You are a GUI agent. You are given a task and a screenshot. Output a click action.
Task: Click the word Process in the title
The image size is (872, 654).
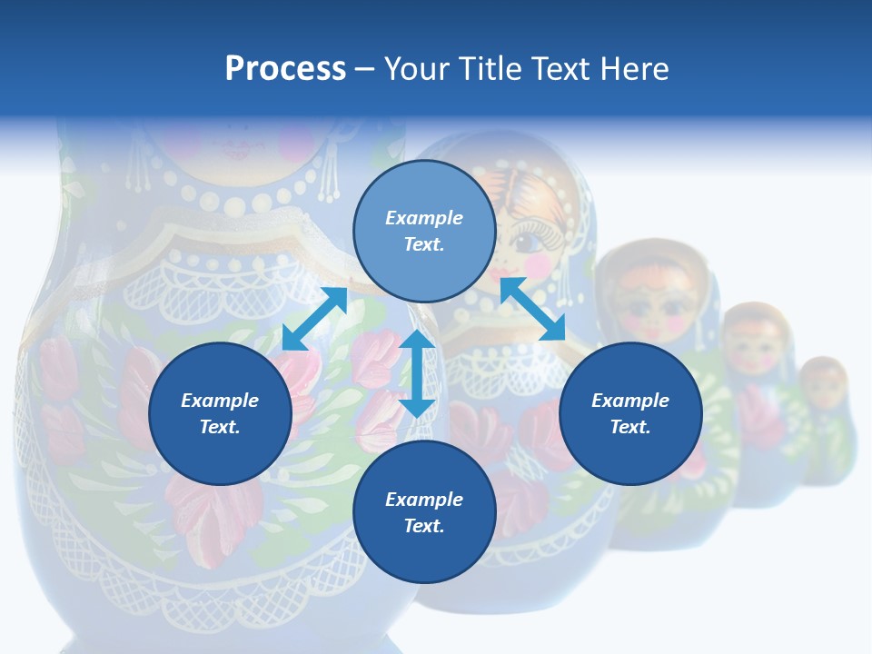285,68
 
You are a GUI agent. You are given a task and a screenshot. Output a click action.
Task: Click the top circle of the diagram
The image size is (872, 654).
424,231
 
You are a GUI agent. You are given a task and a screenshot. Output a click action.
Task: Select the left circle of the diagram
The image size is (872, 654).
220,413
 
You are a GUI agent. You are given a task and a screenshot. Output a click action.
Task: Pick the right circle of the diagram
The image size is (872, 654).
630,413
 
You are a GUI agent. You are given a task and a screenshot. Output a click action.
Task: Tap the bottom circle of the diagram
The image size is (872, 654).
424,512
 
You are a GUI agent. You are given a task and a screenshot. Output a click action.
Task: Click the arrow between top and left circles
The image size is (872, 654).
314,319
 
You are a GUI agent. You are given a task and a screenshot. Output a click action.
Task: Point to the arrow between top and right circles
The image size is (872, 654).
533,309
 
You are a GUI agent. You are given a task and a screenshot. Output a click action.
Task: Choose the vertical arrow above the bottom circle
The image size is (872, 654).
417,373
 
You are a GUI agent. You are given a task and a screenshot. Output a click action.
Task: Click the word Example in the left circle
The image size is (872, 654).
220,401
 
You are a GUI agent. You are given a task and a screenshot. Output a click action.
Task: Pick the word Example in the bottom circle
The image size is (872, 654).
424,500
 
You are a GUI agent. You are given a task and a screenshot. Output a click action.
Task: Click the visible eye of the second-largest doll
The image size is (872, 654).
527,242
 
